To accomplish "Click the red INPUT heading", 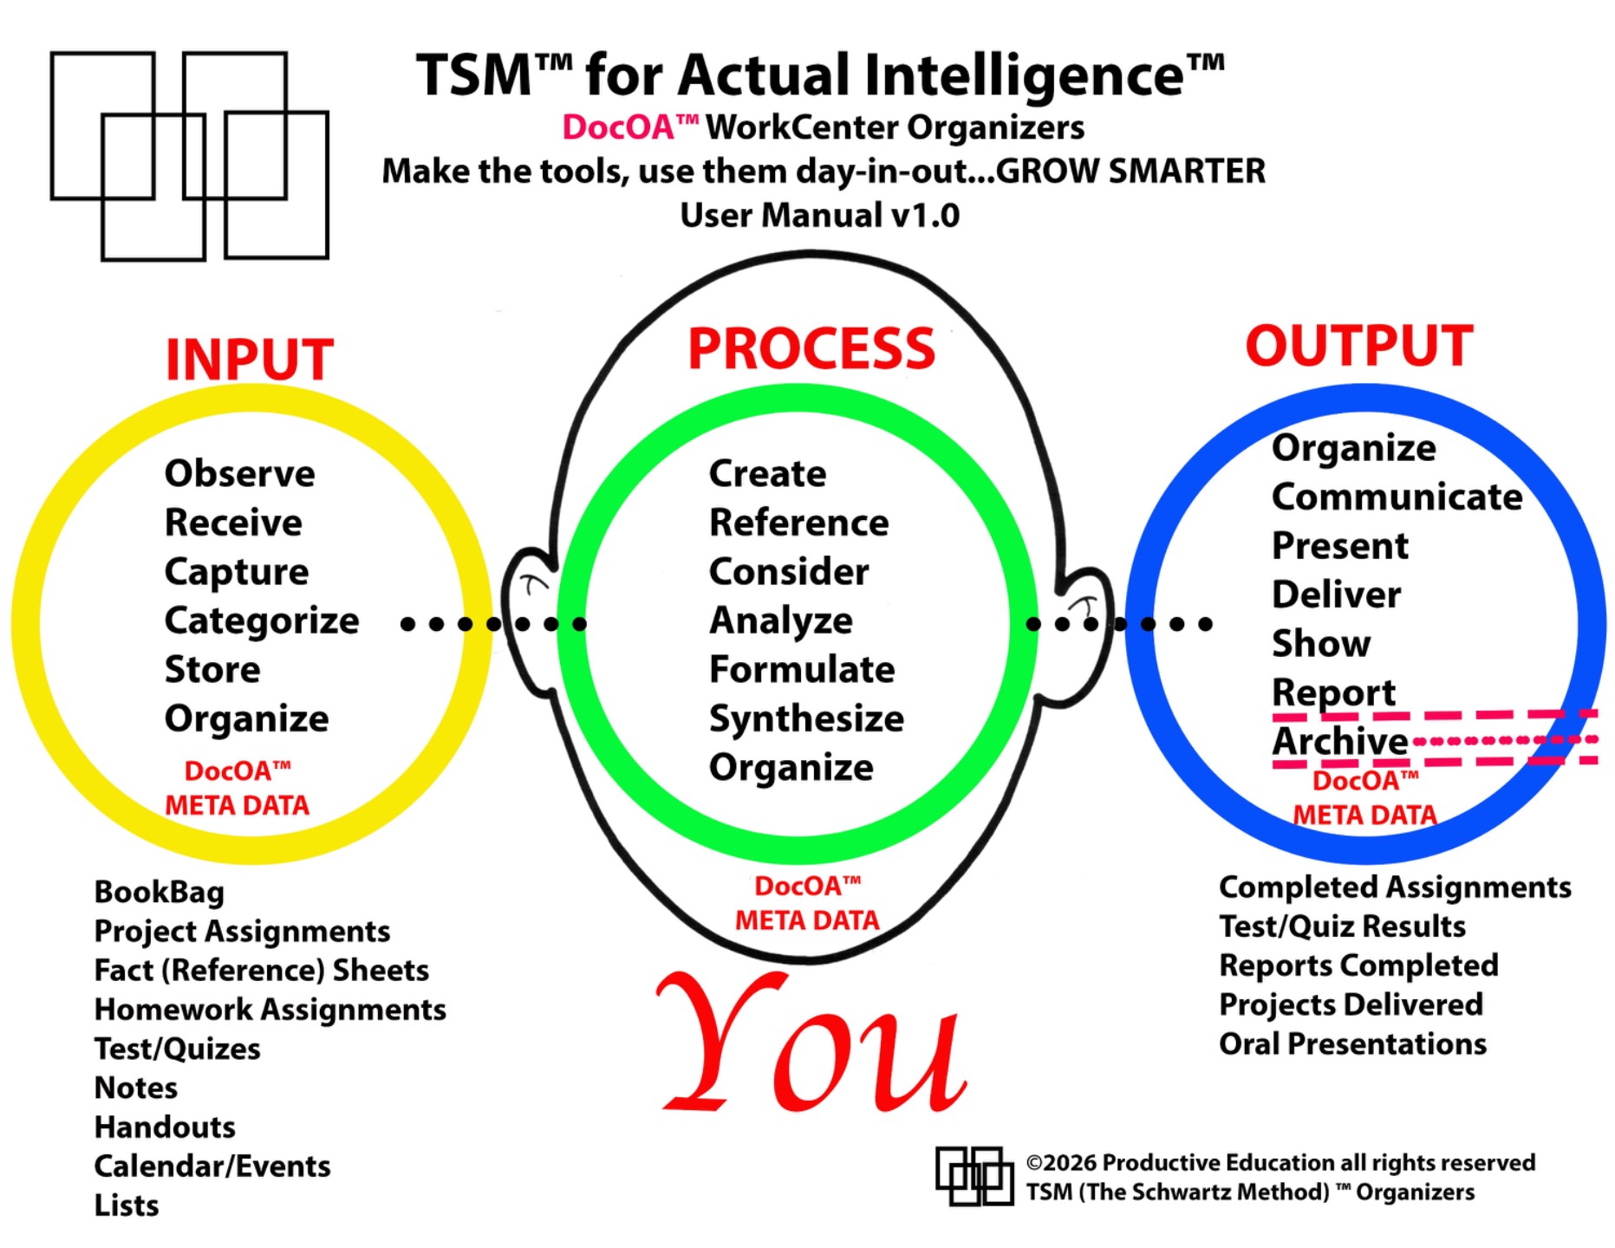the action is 250,359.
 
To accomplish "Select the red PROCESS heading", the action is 811,348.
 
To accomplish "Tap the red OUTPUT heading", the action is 1359,345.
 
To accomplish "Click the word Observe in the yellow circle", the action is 240,473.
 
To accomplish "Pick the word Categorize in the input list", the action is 262,621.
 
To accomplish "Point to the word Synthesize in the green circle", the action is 806,718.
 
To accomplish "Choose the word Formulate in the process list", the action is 802,669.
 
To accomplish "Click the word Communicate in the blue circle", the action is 1397,497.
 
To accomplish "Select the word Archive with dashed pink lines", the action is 1339,741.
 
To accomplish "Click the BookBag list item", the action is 160,893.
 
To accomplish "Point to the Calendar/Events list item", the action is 212,1167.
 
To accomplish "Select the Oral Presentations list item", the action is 1352,1044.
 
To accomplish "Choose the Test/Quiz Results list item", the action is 1342,926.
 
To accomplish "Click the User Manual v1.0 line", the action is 819,215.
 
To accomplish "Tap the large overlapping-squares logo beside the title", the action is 190,156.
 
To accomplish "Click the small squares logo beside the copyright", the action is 974,1176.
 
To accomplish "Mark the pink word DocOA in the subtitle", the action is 618,127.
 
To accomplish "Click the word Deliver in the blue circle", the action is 1336,595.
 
